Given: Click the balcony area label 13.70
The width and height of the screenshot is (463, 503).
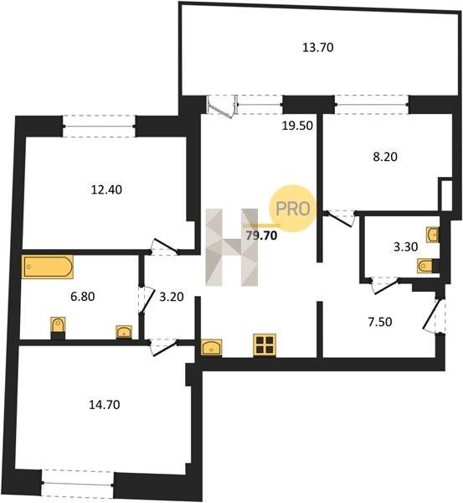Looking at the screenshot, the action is coord(318,48).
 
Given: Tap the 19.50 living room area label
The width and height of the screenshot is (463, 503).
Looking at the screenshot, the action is coord(297,126).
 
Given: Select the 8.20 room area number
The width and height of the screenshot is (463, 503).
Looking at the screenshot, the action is coord(385,157).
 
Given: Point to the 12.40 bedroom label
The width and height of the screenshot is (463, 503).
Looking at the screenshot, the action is coord(106,189).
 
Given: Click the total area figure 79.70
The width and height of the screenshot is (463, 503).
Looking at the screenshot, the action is coord(261,236).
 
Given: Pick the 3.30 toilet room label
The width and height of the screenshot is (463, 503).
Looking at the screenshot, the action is coord(405,246).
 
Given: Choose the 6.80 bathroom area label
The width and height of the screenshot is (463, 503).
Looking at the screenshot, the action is coord(82,297).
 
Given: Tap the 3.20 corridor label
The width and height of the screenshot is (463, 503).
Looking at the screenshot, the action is coord(172,297).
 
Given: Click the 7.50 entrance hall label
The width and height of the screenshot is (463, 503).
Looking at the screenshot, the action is coord(379,322).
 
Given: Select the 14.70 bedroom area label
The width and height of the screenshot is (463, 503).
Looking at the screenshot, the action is coord(105,405).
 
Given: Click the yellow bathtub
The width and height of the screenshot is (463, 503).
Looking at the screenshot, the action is coord(48,267).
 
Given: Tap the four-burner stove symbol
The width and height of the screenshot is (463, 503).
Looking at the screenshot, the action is coord(265,345).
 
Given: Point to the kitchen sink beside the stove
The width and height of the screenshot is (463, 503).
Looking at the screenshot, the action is coord(212,347).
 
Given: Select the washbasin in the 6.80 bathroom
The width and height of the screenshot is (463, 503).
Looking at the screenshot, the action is coord(124,332).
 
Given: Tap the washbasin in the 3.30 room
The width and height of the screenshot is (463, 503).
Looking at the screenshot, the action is coord(433,235).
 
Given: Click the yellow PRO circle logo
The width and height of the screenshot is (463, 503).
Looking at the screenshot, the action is coord(292,209).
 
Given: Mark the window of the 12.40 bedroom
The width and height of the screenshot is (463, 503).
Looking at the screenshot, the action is coord(99,126).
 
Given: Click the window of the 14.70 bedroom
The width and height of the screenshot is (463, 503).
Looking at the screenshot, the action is coord(78,482).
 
